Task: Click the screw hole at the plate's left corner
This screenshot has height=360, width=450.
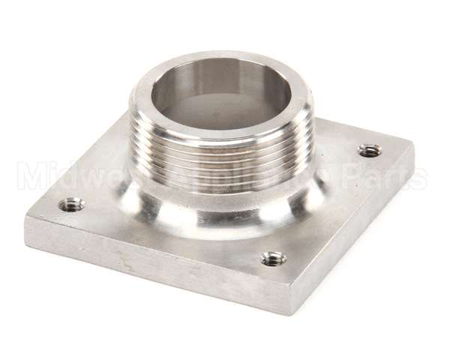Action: coord(72,202)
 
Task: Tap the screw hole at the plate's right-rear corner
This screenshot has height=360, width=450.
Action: coord(367,151)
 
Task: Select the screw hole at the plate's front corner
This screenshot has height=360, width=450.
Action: coord(274,259)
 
